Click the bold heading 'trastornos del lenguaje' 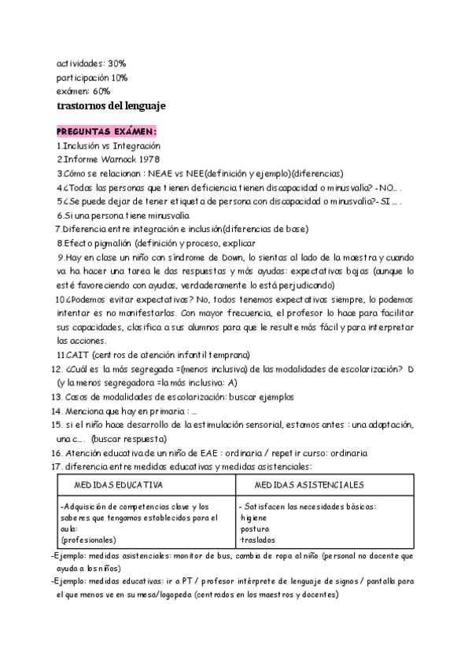pyautogui.click(x=111, y=106)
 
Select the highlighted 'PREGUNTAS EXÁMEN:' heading pyautogui.click(x=106, y=131)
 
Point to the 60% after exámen pyautogui.click(x=100, y=91)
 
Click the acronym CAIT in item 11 pyautogui.click(x=78, y=355)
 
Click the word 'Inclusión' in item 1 pyautogui.click(x=84, y=146)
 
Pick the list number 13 pyautogui.click(x=56, y=397)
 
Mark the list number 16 pyautogui.click(x=56, y=454)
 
